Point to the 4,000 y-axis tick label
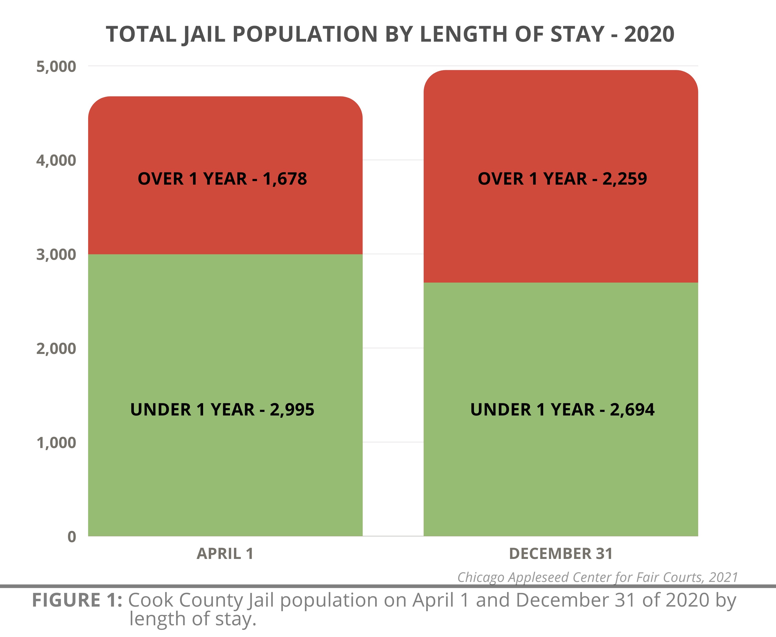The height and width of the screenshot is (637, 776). (x=56, y=160)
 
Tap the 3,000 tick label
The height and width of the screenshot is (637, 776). (x=56, y=254)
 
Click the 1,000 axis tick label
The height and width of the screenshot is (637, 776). (x=56, y=443)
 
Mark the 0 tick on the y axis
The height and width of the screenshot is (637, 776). (x=72, y=536)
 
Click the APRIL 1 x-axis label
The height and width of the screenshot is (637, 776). (x=225, y=553)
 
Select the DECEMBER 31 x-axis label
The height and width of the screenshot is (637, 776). (x=561, y=553)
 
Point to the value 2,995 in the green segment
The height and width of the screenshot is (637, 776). (x=292, y=409)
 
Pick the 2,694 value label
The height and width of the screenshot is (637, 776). (x=632, y=409)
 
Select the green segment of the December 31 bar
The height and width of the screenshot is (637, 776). (x=561, y=477)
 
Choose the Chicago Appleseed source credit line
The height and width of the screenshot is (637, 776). (x=597, y=577)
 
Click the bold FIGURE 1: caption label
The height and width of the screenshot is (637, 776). (x=77, y=600)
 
